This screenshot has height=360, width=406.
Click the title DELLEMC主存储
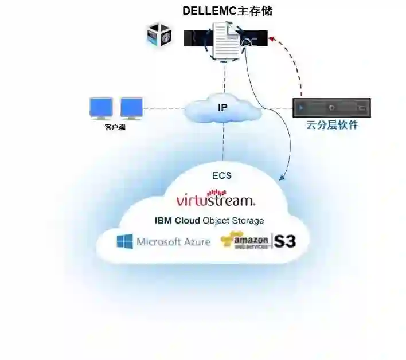tap(227, 10)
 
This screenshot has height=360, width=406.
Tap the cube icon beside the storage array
tap(158, 35)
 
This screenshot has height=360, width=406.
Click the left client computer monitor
tap(101, 108)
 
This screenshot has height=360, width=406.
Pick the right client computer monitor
tap(131, 108)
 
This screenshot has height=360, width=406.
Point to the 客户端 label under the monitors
tap(115, 127)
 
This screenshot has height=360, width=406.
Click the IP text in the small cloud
tap(222, 107)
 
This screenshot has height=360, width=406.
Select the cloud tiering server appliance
tap(331, 107)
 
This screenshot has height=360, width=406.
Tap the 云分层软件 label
tap(332, 125)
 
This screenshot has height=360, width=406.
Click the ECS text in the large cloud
tap(221, 175)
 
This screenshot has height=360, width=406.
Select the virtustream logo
tap(216, 200)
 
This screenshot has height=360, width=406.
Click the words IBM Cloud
tap(177, 220)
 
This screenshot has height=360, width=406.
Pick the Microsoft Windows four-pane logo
tap(124, 241)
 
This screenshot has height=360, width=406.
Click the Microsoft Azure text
tap(173, 242)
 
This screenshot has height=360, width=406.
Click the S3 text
tap(285, 241)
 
